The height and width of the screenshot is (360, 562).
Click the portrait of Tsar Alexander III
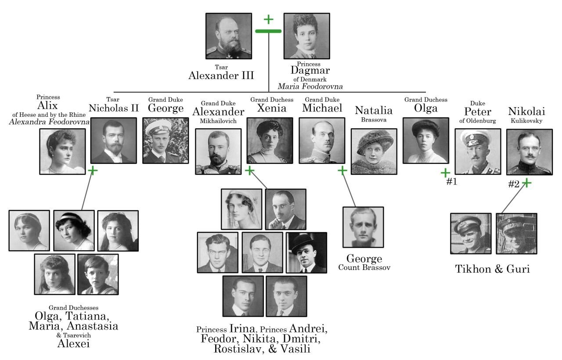(x=228, y=36)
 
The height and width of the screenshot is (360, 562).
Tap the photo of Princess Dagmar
(x=306, y=36)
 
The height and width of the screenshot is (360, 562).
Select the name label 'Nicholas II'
(x=113, y=108)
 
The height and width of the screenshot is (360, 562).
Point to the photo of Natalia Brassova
(x=374, y=151)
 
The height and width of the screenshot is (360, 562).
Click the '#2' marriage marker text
(x=514, y=184)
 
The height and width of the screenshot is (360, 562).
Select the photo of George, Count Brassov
(x=363, y=227)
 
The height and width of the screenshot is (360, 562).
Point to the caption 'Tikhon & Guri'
(x=492, y=269)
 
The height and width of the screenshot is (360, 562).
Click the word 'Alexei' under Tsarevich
(x=73, y=343)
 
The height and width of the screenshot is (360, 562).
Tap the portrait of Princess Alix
(x=62, y=151)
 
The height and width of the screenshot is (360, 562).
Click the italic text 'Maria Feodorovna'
(x=310, y=86)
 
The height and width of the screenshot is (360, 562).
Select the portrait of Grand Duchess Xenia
(x=270, y=140)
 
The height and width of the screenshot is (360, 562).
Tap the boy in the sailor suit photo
(x=97, y=274)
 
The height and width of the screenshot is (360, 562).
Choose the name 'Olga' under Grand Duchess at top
(x=425, y=108)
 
